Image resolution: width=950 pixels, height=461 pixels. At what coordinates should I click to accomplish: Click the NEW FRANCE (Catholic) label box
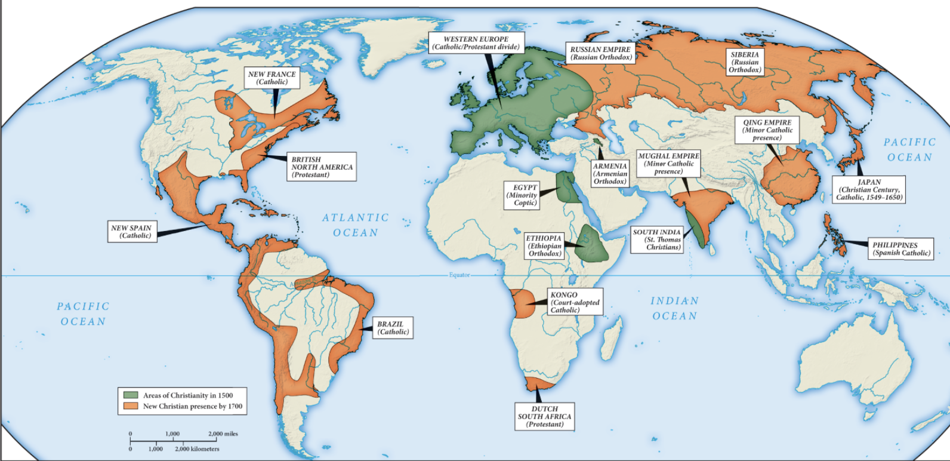click(x=272, y=78)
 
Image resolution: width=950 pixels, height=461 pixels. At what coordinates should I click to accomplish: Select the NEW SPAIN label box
click(x=132, y=232)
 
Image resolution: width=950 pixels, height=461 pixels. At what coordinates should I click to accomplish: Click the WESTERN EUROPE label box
click(x=476, y=43)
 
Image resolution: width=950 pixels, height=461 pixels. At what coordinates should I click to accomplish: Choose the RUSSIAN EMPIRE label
click(x=600, y=53)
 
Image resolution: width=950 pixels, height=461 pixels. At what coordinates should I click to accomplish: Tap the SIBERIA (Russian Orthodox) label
click(x=745, y=62)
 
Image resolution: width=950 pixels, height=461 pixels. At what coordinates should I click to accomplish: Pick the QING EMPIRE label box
click(x=767, y=130)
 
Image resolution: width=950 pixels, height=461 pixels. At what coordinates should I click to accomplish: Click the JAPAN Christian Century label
click(x=869, y=190)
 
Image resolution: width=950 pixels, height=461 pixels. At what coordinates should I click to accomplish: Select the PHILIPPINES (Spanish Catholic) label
click(x=901, y=249)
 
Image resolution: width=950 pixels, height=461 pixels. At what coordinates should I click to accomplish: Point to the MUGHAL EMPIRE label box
click(x=668, y=164)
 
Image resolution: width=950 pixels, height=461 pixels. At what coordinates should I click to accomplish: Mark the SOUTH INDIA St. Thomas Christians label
click(x=657, y=239)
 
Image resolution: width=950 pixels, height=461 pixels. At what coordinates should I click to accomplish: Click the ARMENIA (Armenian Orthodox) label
click(x=610, y=174)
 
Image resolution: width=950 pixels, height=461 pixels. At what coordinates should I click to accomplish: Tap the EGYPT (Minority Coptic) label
click(x=523, y=195)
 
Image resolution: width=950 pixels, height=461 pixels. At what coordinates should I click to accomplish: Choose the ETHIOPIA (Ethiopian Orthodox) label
click(x=544, y=246)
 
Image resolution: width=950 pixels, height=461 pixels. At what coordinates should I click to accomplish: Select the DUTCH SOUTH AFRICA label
click(x=545, y=417)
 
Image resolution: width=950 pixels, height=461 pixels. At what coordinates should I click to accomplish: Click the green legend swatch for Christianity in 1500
click(x=131, y=395)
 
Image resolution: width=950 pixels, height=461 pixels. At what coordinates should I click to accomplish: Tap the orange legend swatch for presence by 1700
click(x=131, y=406)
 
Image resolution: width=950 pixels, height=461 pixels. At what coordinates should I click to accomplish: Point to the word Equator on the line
click(x=459, y=275)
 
